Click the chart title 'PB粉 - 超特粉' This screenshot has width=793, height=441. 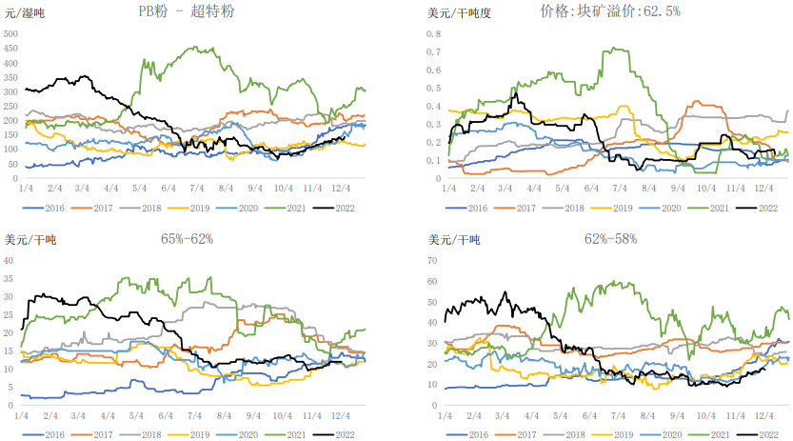[x=186, y=12]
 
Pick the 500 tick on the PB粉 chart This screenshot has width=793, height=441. [x=12, y=33]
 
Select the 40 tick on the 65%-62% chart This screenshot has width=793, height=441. [x=11, y=260]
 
